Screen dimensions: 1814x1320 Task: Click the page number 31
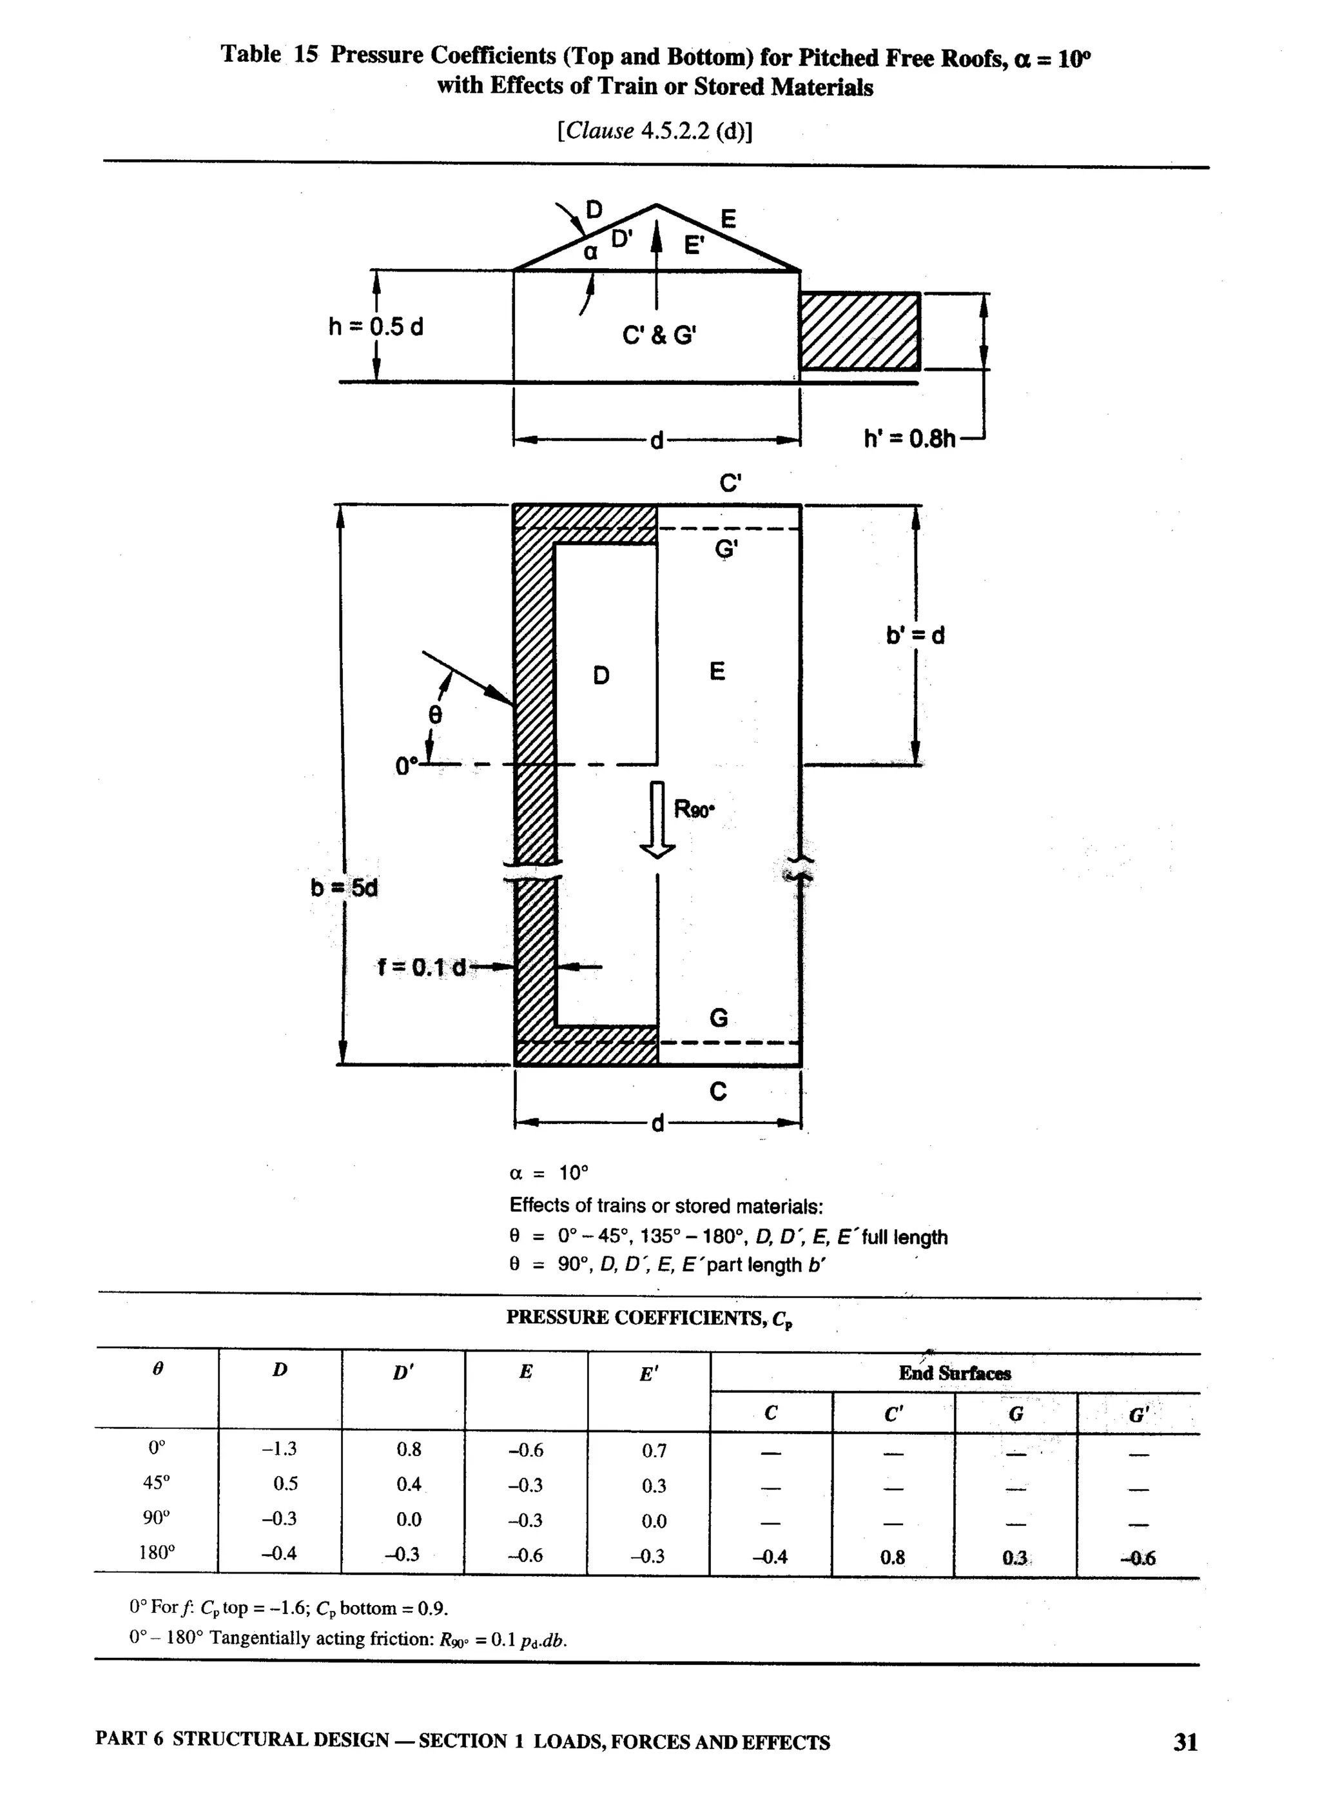tap(1185, 1741)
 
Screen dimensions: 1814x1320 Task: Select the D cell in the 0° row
tap(279, 1448)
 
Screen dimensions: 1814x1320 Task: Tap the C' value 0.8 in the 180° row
tap(892, 1557)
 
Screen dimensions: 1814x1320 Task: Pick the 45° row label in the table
tap(156, 1482)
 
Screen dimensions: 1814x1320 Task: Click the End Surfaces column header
tap(955, 1374)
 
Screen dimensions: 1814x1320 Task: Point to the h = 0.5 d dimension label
tap(376, 326)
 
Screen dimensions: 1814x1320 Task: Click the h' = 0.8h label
tap(910, 439)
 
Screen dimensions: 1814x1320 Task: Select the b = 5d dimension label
tap(344, 888)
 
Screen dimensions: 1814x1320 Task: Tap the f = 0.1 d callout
tap(422, 967)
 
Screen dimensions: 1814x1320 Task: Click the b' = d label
tap(915, 635)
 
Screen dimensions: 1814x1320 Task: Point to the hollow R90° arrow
tap(657, 820)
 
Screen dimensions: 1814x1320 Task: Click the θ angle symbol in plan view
tap(434, 715)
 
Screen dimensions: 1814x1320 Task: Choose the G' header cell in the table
tap(1138, 1415)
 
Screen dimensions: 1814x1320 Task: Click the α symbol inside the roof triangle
tap(590, 253)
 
